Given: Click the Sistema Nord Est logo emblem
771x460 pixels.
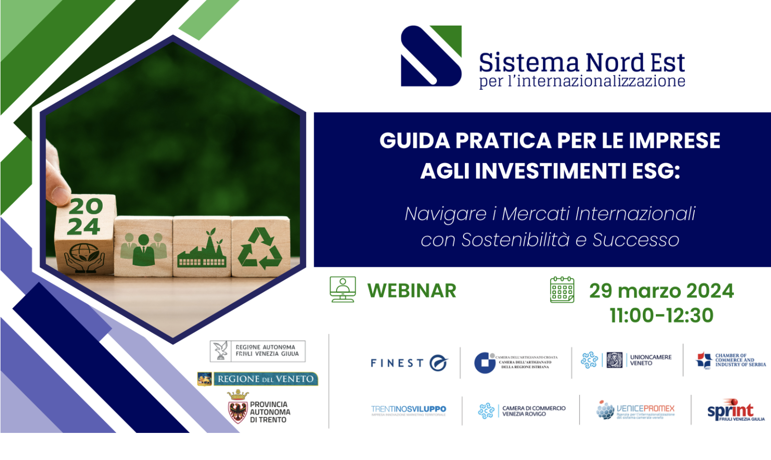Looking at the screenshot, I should point(431,56).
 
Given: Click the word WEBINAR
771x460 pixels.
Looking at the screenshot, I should point(411,291).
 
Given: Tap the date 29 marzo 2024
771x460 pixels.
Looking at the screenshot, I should point(661,291).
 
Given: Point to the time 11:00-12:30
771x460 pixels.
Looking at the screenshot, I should point(661,316).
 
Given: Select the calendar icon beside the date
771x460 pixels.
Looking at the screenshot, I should point(562,290).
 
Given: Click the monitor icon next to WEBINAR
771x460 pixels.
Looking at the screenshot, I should point(343,289).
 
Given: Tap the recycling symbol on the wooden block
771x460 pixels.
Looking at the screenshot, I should point(260,248).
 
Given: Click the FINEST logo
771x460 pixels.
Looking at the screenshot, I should point(409,363).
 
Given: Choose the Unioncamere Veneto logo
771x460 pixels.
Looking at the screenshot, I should point(626,360).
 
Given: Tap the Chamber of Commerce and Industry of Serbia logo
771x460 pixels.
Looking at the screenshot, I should point(730,360).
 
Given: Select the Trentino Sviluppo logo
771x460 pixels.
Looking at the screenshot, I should point(408,410).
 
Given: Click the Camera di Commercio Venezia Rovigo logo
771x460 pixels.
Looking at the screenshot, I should point(522,411).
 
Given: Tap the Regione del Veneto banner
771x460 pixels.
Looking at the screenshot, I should point(258,379).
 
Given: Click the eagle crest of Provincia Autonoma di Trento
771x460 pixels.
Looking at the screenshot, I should point(237,407).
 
